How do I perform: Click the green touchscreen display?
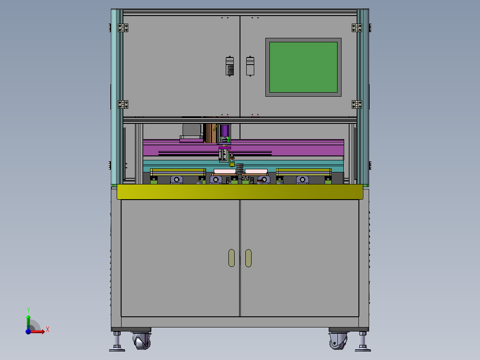click(303, 67)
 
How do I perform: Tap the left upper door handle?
click(230, 66)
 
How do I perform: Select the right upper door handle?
click(250, 66)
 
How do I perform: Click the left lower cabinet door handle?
click(232, 258)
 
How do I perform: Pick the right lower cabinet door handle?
click(248, 258)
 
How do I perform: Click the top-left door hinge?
click(123, 28)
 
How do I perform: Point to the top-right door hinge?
click(357, 28)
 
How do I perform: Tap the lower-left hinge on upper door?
click(123, 104)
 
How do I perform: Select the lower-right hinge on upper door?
click(357, 104)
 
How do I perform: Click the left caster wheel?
click(142, 341)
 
